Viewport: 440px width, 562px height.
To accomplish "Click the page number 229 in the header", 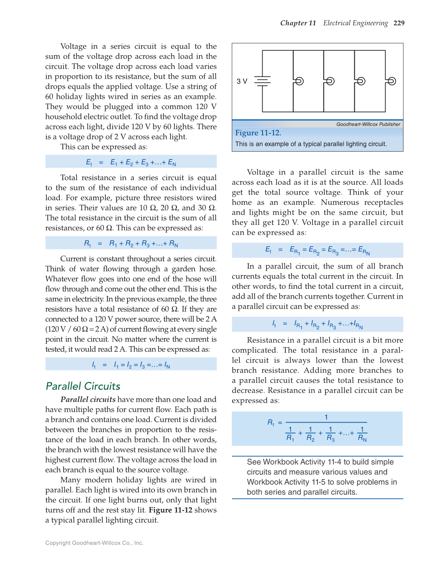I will [x=399, y=23].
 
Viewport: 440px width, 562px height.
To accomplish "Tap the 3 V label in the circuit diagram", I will [x=242, y=81].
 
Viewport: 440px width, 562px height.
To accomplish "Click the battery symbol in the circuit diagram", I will [x=262, y=81].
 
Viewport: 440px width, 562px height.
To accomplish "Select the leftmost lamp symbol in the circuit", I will [x=299, y=81].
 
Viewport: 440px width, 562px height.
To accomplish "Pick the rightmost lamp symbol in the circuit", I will [x=391, y=81].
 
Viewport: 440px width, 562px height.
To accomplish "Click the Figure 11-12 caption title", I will [x=258, y=133].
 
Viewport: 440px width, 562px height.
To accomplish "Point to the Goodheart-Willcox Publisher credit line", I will [x=368, y=124].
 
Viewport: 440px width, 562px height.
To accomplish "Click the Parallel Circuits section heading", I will [x=83, y=386].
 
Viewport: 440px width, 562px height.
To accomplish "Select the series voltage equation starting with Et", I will [x=131, y=162].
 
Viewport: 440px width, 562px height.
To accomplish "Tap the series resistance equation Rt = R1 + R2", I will [x=131, y=244].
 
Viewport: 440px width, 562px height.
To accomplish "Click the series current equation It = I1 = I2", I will [x=131, y=365].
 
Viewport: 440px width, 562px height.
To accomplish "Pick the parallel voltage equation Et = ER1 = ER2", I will [x=317, y=250].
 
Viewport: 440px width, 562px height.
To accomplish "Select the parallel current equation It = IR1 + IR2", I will [x=317, y=324].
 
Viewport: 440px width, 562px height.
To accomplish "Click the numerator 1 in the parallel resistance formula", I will [x=326, y=417].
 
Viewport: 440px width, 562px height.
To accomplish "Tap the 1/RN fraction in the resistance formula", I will [x=362, y=434].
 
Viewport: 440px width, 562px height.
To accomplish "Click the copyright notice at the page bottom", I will [x=94, y=543].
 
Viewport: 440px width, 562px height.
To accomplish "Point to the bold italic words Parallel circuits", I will [x=88, y=399].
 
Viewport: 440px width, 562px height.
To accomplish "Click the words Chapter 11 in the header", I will [x=298, y=23].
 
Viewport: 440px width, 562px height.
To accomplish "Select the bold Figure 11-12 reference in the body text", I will [x=171, y=510].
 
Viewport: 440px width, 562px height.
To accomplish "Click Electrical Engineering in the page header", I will [x=356, y=23].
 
